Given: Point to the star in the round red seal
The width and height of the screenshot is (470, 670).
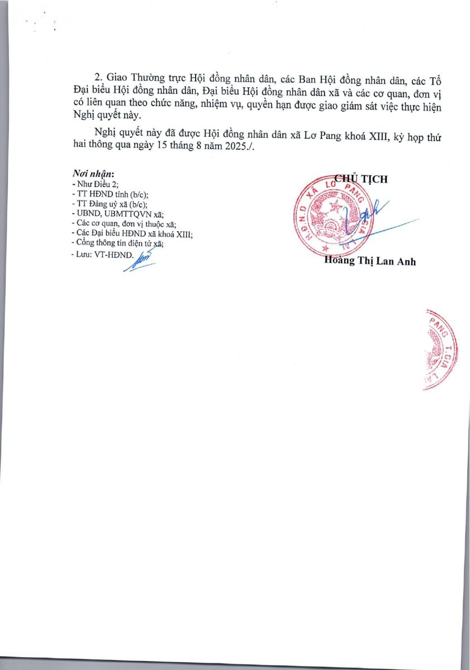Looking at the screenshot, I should (x=335, y=208).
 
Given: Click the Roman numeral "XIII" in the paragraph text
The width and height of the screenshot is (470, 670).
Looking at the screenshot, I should (x=380, y=136).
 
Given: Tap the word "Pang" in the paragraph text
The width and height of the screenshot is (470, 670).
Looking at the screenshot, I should (x=352, y=136).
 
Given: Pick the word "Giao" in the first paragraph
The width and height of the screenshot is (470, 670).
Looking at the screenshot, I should (x=117, y=76).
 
